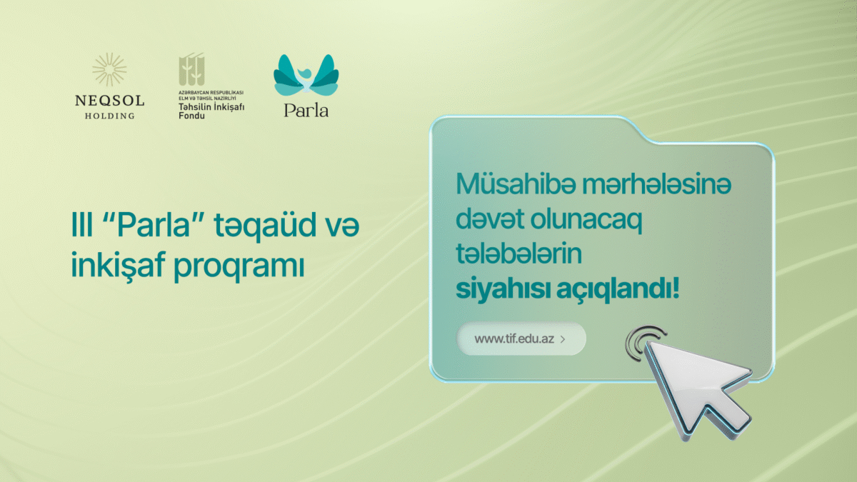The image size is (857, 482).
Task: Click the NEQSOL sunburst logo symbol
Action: click(x=109, y=70)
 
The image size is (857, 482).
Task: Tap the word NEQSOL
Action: click(x=109, y=101)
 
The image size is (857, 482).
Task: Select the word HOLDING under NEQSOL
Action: click(x=109, y=116)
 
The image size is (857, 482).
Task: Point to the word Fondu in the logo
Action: click(x=191, y=115)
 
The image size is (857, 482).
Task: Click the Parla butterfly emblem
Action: click(x=306, y=74)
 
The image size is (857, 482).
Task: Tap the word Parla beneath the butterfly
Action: click(x=306, y=111)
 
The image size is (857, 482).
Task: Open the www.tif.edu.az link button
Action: click(x=521, y=339)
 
